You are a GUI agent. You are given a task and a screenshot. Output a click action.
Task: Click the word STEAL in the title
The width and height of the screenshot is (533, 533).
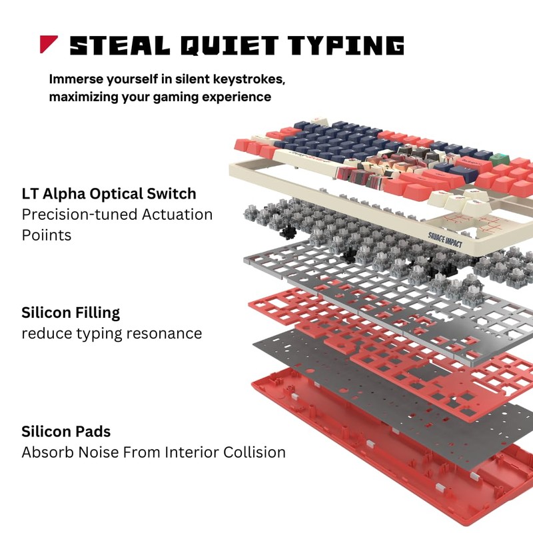(120, 45)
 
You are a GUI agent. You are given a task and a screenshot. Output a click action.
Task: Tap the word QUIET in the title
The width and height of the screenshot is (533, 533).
(229, 45)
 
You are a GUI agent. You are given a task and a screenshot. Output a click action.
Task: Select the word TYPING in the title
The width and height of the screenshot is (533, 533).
(346, 45)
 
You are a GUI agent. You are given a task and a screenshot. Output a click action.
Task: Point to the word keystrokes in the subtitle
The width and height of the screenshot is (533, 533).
(249, 79)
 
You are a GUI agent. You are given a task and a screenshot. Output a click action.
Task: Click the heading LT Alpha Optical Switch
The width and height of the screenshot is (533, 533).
(109, 194)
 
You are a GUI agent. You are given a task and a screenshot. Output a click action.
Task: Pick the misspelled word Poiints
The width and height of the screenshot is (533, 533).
(47, 235)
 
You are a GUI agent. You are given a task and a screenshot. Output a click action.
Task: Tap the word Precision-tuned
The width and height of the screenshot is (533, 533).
(79, 215)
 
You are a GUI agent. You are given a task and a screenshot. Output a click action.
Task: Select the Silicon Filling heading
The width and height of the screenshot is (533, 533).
(71, 312)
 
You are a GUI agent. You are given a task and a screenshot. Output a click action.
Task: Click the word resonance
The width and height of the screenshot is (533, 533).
(164, 334)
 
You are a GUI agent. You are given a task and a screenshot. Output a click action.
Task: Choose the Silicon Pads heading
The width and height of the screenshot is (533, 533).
(66, 432)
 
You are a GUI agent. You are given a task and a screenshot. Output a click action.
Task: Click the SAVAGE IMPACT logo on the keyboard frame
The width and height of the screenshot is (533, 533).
(445, 240)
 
